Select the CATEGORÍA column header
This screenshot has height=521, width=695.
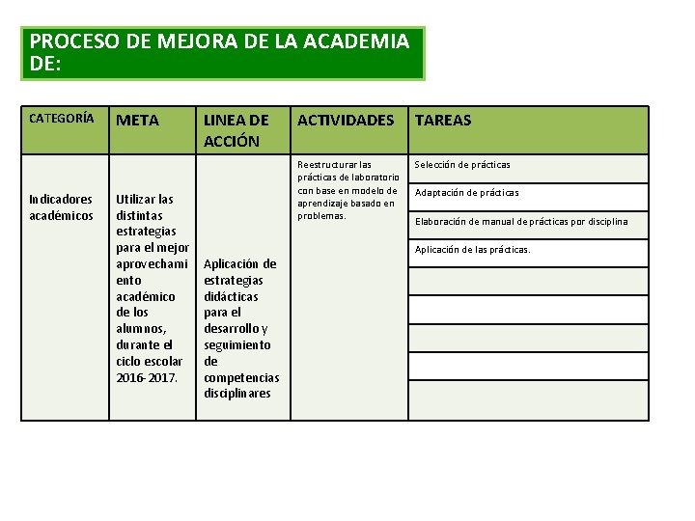tap(62, 119)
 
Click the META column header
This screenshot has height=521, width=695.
tap(138, 121)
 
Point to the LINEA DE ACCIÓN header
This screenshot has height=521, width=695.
tap(236, 130)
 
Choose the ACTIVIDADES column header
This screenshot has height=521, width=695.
tap(346, 121)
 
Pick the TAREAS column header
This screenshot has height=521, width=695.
tap(443, 121)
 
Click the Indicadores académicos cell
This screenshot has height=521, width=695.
tap(62, 207)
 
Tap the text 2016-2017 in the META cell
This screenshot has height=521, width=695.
tap(147, 377)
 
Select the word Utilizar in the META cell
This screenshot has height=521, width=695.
tap(137, 199)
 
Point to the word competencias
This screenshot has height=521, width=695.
tap(241, 377)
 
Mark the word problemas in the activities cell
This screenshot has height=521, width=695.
tap(321, 215)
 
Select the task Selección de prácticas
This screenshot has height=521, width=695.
tap(462, 165)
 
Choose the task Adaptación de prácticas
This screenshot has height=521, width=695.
tap(466, 193)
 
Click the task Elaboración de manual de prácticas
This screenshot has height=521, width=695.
tap(521, 222)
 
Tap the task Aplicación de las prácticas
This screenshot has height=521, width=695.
tap(473, 250)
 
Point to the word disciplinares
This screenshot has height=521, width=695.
tap(237, 394)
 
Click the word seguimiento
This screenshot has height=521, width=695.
tap(236, 344)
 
